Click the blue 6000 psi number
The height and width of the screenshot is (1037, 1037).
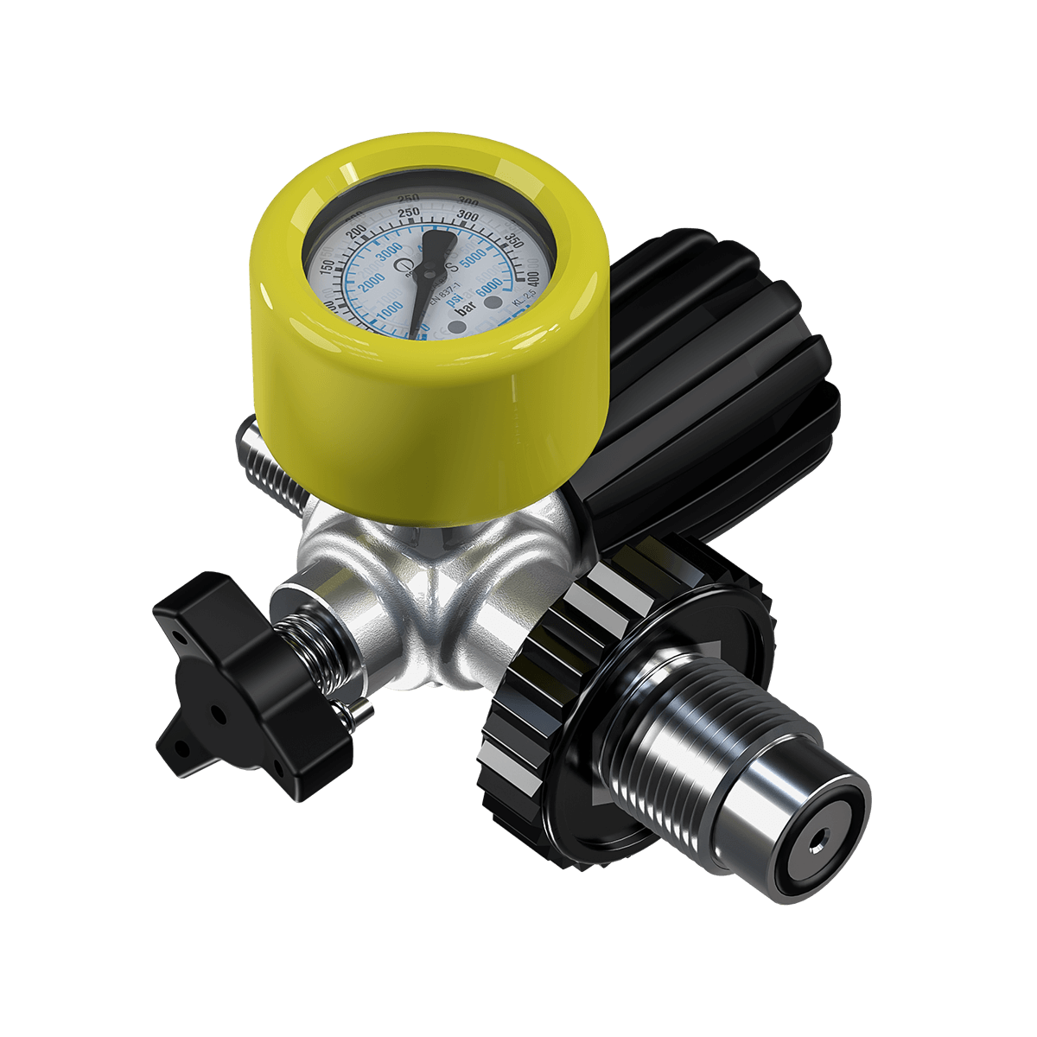(489, 286)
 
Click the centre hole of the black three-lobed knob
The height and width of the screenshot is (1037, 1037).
(218, 716)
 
